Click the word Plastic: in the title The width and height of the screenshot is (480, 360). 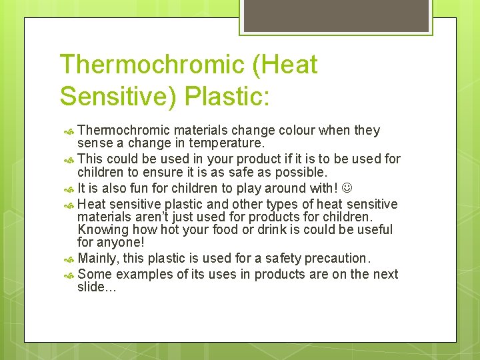(227, 95)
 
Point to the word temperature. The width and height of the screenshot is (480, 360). (227, 143)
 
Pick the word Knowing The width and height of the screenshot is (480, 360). (102, 230)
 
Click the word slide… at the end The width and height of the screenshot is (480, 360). (97, 287)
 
